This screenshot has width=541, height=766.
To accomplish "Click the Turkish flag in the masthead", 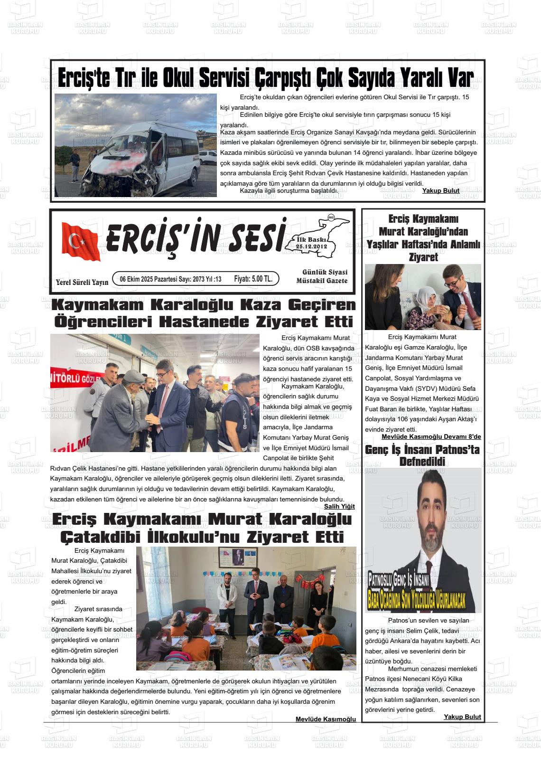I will (x=81, y=242).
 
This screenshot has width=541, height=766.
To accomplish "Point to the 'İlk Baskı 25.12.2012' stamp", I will (x=311, y=243).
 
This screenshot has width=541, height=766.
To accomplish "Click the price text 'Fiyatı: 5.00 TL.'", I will (x=253, y=279).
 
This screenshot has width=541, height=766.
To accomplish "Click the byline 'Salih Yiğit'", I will (x=339, y=506).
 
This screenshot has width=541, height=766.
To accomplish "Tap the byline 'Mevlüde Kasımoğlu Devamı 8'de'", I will (x=431, y=437).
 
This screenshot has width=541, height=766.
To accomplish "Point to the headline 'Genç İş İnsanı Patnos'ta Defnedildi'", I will (x=422, y=455).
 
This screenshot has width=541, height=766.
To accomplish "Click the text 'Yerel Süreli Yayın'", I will (x=82, y=282).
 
